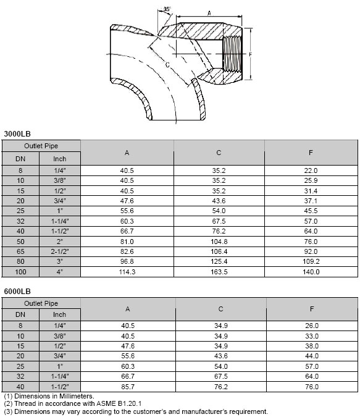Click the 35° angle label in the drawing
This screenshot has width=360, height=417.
(x=167, y=9)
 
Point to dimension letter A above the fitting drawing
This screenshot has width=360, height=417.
(x=208, y=12)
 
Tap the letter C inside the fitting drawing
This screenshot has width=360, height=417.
(x=168, y=64)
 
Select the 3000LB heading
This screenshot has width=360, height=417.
(x=17, y=133)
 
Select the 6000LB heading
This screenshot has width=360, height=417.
(x=17, y=291)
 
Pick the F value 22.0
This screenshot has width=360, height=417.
(x=312, y=171)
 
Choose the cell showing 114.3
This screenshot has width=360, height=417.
(x=127, y=271)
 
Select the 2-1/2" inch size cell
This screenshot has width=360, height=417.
(x=60, y=251)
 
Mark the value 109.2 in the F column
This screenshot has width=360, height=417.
(x=312, y=261)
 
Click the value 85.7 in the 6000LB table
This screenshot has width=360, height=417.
(x=127, y=387)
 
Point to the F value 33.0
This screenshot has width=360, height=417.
(x=312, y=336)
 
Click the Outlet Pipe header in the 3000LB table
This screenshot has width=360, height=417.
(x=41, y=146)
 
